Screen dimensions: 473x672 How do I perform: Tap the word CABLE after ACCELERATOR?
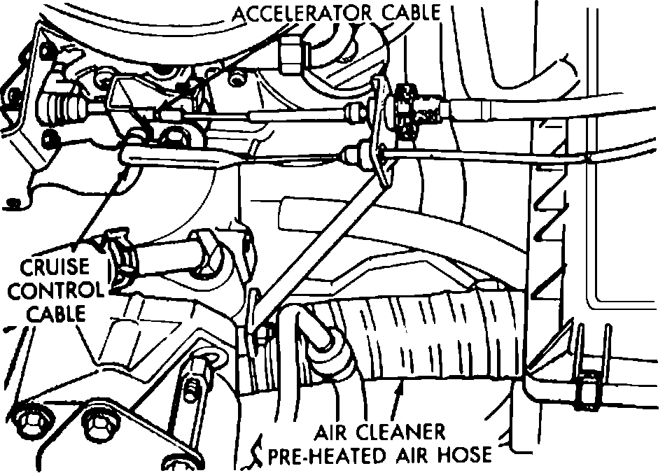tap(414, 12)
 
